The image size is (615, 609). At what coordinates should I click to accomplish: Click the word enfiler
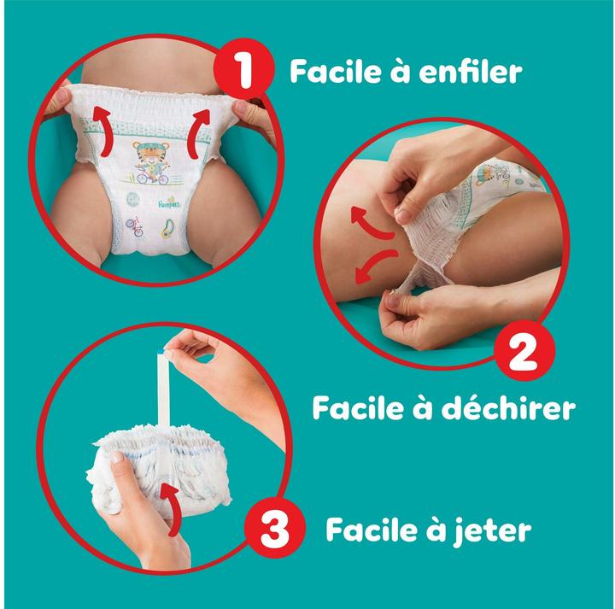click(x=479, y=72)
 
